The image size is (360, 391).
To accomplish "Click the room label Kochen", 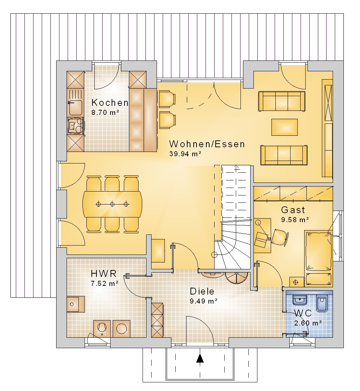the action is (110, 103).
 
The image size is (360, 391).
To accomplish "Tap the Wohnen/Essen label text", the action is (207, 144).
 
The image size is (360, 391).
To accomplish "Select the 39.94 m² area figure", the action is (185, 154).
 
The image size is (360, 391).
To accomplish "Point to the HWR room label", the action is (104, 274).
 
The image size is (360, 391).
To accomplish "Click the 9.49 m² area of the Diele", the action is (203, 301).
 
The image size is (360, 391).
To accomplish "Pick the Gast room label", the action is (293, 210).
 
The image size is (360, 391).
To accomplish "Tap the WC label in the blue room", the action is (303, 313).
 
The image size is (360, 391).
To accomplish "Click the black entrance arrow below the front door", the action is (200, 358).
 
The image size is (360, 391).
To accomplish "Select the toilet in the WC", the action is (322, 304).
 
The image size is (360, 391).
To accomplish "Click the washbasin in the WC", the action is (300, 300).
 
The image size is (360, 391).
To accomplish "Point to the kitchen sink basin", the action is (75, 108).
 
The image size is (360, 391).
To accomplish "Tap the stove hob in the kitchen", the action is (76, 126).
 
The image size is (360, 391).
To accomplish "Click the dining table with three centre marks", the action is (112, 204).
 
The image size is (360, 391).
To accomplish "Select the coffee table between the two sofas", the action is (284, 127).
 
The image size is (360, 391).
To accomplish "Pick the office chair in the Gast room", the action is (280, 237).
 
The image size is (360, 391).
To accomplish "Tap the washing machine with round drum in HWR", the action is (121, 328).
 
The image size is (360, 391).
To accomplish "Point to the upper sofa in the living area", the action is (282, 101).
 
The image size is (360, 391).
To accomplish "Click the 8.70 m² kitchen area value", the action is (105, 112).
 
